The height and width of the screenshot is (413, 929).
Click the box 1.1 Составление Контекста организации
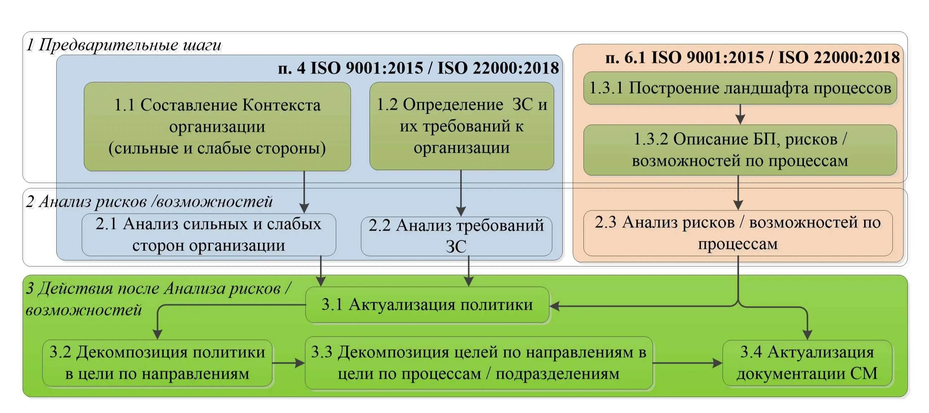click(217, 126)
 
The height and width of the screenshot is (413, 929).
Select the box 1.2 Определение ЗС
click(462, 126)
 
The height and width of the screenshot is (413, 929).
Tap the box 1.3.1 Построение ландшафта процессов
click(740, 88)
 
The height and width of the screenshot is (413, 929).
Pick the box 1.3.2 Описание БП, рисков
click(740, 150)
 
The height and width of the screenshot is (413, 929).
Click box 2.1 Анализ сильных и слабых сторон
click(209, 235)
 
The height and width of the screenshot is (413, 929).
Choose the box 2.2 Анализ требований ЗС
click(456, 236)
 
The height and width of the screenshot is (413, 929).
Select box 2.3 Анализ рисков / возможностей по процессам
click(738, 233)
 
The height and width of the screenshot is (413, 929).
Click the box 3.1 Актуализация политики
click(427, 305)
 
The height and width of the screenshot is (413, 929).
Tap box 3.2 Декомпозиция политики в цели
click(157, 363)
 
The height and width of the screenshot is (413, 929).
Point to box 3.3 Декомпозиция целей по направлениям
click(479, 363)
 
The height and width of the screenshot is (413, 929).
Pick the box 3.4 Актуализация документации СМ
click(807, 363)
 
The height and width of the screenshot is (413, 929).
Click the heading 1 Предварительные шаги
click(124, 45)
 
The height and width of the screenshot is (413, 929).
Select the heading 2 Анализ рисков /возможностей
click(149, 201)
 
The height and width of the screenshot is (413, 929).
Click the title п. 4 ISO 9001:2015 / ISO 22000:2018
click(418, 68)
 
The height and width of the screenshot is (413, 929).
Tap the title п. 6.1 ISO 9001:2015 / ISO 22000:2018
click(753, 57)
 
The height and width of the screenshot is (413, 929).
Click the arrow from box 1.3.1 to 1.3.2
click(740, 115)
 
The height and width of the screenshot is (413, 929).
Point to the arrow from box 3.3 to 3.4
click(688, 363)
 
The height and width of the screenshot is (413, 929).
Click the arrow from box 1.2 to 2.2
click(461, 193)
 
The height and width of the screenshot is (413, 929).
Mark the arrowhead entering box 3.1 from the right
click(554, 306)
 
